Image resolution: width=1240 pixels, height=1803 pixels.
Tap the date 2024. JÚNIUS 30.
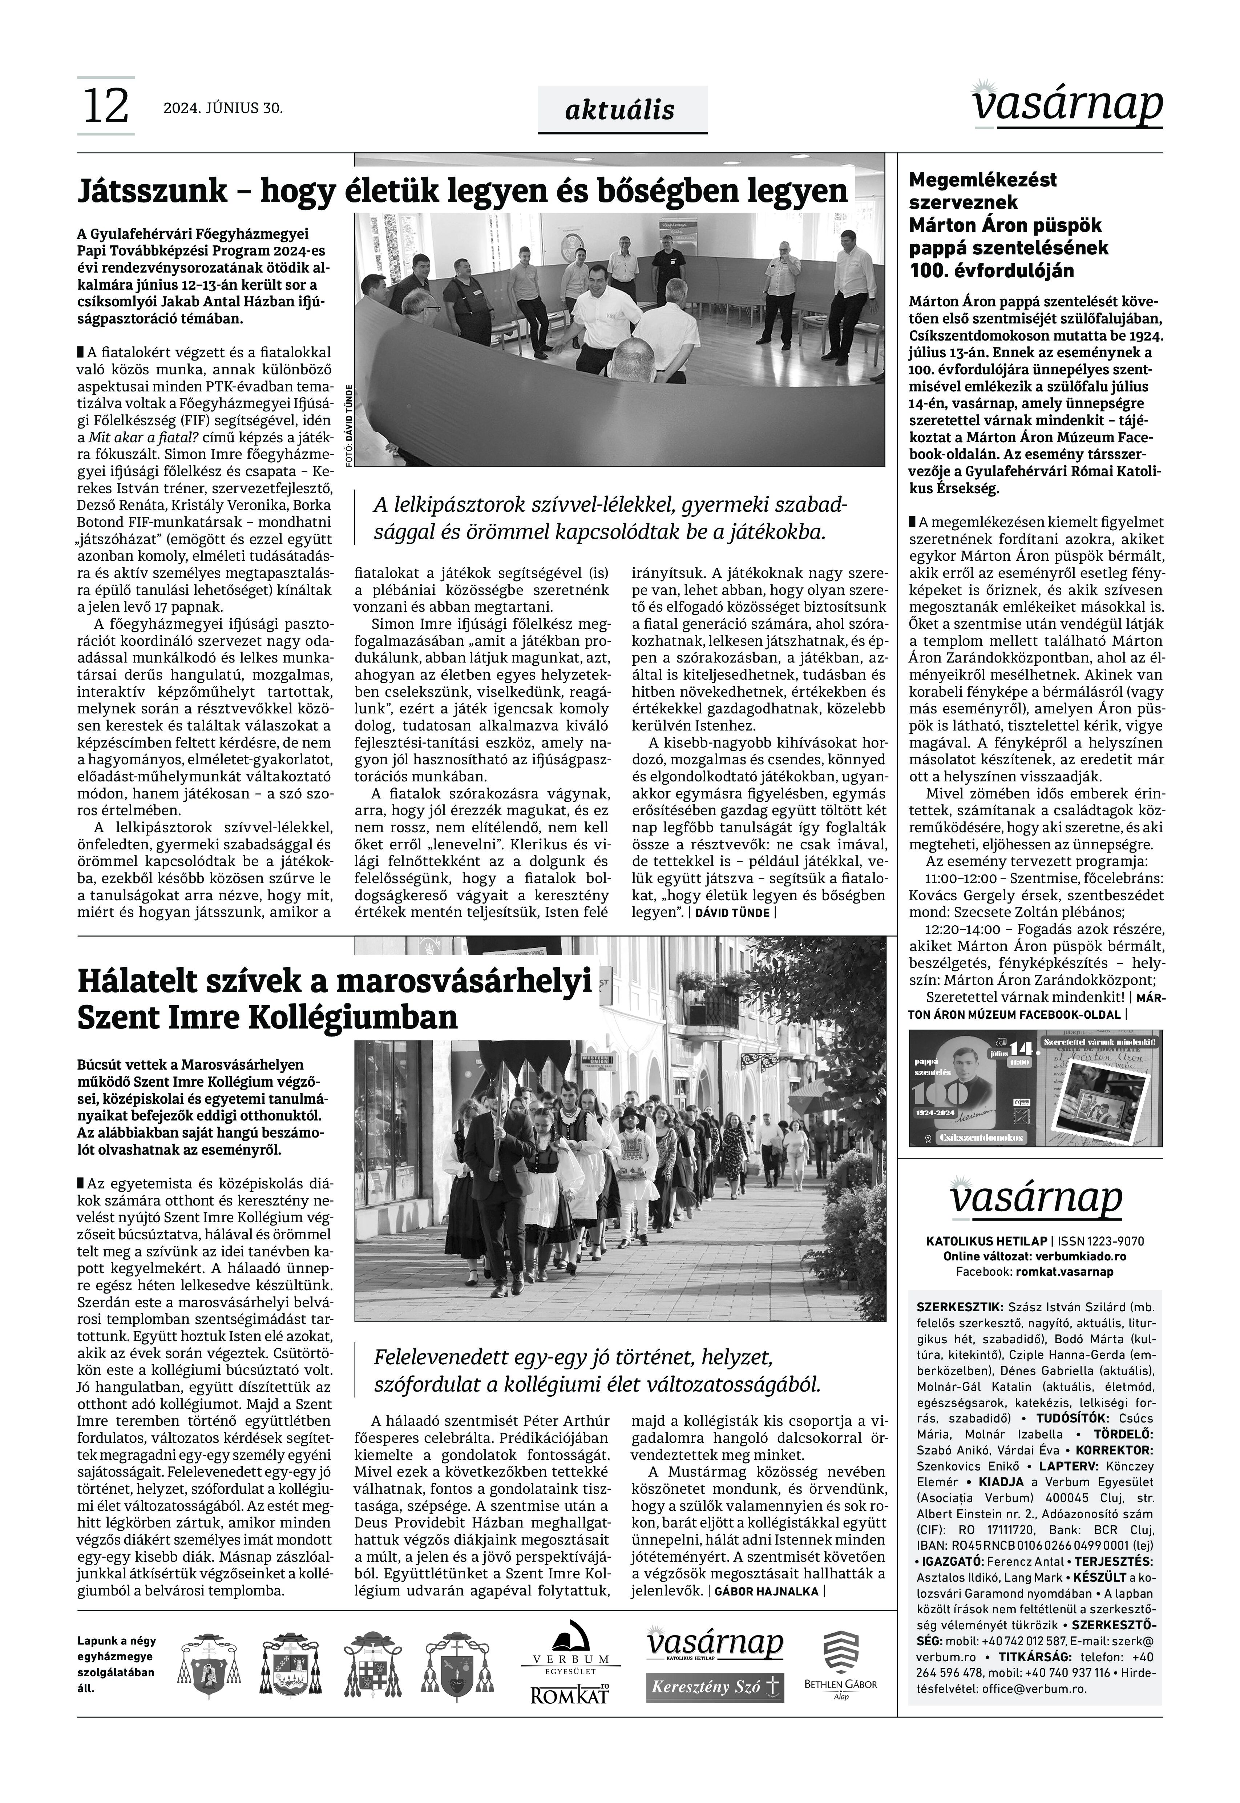coord(223,108)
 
